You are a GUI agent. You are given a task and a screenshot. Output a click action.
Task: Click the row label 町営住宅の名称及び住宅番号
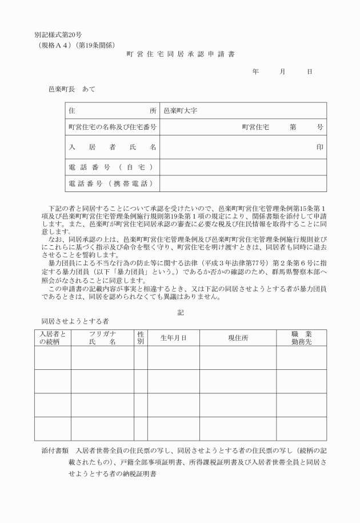click(112, 127)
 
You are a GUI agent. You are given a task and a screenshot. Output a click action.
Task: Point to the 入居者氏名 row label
click(112, 147)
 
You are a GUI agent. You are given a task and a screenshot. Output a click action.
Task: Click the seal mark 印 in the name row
click(319, 147)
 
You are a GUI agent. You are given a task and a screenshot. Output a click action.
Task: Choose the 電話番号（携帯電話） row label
click(112, 183)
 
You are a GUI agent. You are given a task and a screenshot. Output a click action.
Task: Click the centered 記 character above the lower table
click(180, 313)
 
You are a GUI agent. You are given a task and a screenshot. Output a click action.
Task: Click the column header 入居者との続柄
click(52, 337)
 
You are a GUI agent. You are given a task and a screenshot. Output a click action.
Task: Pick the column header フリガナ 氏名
click(102, 337)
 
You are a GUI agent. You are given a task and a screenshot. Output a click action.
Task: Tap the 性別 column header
click(141, 337)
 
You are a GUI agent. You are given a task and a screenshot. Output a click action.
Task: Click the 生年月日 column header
click(173, 338)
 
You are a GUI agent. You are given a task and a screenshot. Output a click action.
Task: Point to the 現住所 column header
click(238, 338)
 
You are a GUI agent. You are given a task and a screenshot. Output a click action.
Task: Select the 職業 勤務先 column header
click(301, 337)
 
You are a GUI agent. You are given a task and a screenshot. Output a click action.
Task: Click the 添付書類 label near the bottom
click(55, 450)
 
